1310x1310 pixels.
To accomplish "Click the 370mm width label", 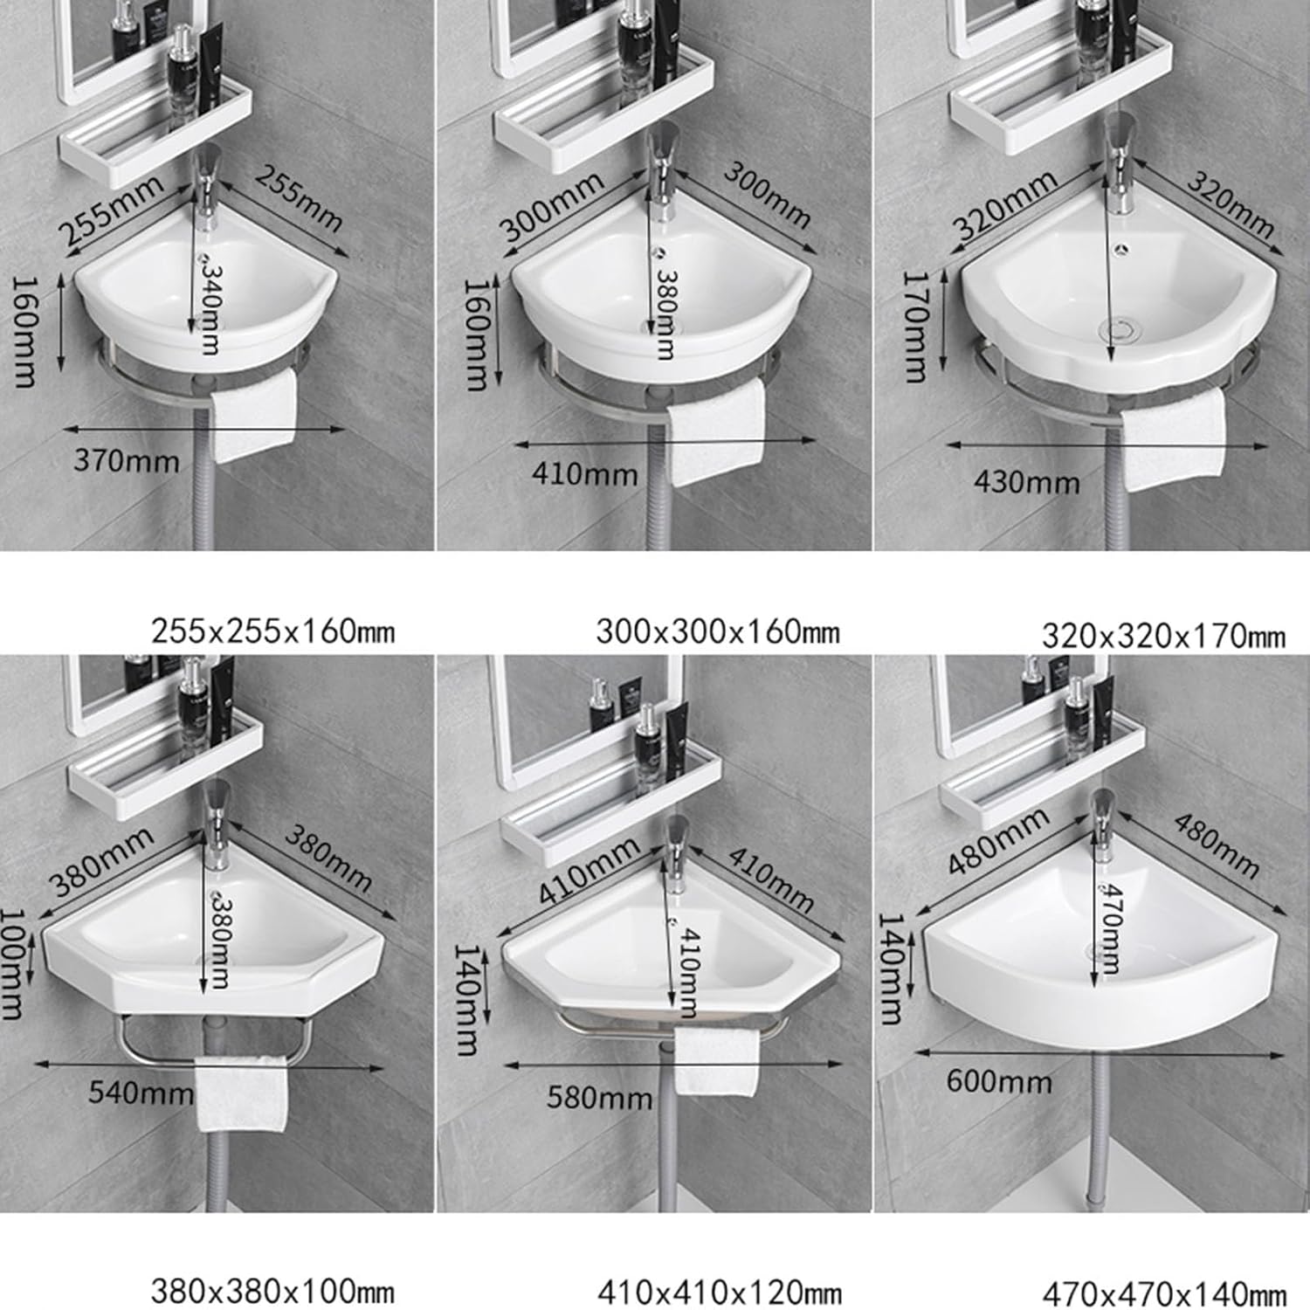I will click(126, 460).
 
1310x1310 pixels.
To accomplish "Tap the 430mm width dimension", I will click(1026, 481).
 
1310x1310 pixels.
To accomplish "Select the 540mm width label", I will click(141, 1092).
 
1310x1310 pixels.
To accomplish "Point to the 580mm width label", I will click(599, 1097).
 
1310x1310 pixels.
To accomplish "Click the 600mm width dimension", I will click(999, 1081).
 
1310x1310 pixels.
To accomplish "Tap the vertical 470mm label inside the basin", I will click(1109, 927).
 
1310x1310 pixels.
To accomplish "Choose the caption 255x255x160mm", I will click(272, 631).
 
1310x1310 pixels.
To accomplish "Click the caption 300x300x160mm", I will click(717, 631).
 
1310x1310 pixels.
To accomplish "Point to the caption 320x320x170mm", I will click(1162, 636).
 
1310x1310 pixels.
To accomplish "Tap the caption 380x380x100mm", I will click(272, 1290).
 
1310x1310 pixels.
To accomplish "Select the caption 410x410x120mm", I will click(719, 1292).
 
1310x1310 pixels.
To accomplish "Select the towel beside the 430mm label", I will click(1173, 438).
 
